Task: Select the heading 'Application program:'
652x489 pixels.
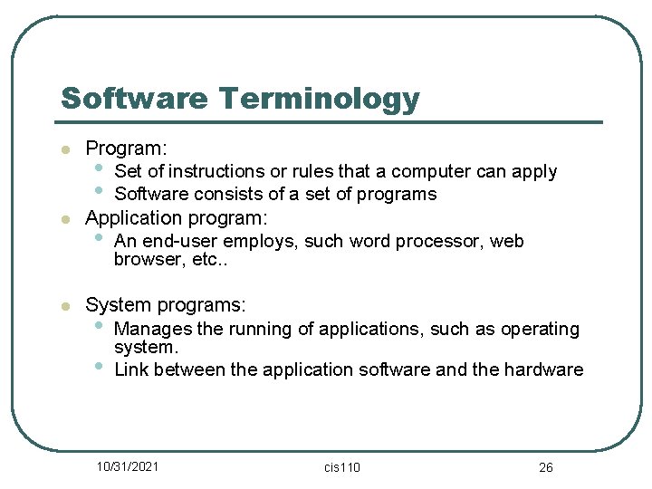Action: click(177, 217)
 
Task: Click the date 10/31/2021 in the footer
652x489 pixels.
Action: click(128, 465)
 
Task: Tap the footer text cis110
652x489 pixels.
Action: click(342, 466)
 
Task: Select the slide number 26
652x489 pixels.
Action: click(545, 466)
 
